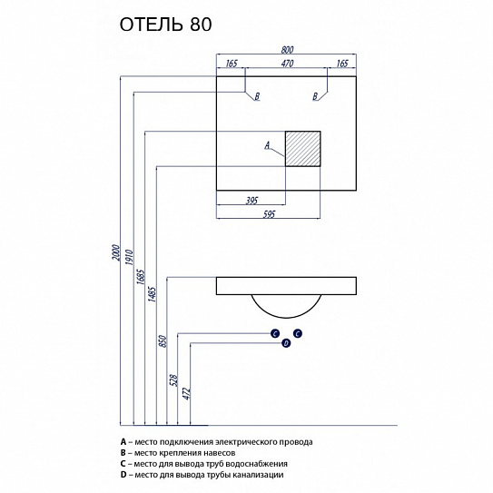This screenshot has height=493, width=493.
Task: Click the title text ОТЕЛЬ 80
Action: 166,25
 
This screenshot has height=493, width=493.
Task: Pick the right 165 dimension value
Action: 343,64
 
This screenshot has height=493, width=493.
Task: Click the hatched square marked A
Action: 304,149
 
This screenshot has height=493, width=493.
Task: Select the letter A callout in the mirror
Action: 267,144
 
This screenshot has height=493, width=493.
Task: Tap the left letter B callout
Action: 257,95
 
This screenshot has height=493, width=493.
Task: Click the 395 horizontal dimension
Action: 251,201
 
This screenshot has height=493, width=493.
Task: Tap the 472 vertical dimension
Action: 186,392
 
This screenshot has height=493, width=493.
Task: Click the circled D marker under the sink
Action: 285,342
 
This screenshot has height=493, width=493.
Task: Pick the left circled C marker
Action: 274,334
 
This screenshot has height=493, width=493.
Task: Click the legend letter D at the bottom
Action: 123,475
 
